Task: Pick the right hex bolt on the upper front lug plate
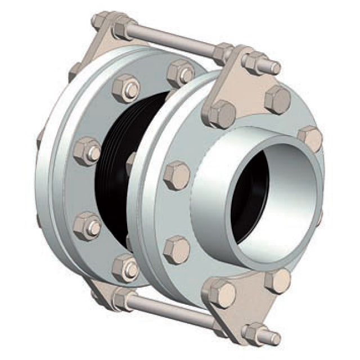click(277, 100)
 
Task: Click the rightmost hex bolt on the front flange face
click(310, 138)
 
